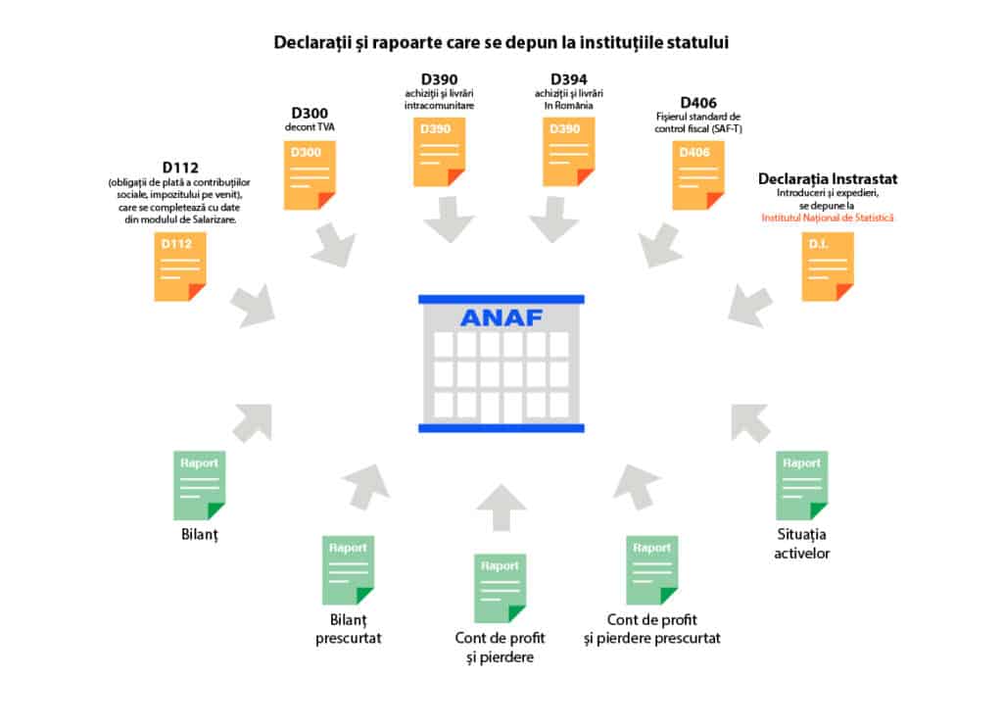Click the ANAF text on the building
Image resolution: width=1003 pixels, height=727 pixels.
(501, 317)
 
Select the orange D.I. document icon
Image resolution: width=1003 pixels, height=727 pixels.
(827, 267)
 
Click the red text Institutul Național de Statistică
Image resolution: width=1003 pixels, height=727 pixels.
(828, 218)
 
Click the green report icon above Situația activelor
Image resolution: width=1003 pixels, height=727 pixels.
(801, 485)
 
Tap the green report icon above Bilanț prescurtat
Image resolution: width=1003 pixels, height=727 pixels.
(348, 570)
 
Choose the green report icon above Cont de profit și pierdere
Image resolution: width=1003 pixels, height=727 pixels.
(500, 588)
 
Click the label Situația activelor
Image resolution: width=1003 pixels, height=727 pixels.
(801, 544)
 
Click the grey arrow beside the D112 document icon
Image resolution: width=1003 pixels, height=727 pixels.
(253, 307)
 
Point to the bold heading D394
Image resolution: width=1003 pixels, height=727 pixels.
(568, 78)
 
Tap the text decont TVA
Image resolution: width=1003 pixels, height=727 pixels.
(310, 127)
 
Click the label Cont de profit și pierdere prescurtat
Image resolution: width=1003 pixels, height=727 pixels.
(663, 628)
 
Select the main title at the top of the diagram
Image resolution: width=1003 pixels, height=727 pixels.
(501, 43)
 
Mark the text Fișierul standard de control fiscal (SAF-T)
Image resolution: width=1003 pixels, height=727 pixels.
(698, 121)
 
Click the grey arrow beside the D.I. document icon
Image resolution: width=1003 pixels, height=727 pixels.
(750, 306)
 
